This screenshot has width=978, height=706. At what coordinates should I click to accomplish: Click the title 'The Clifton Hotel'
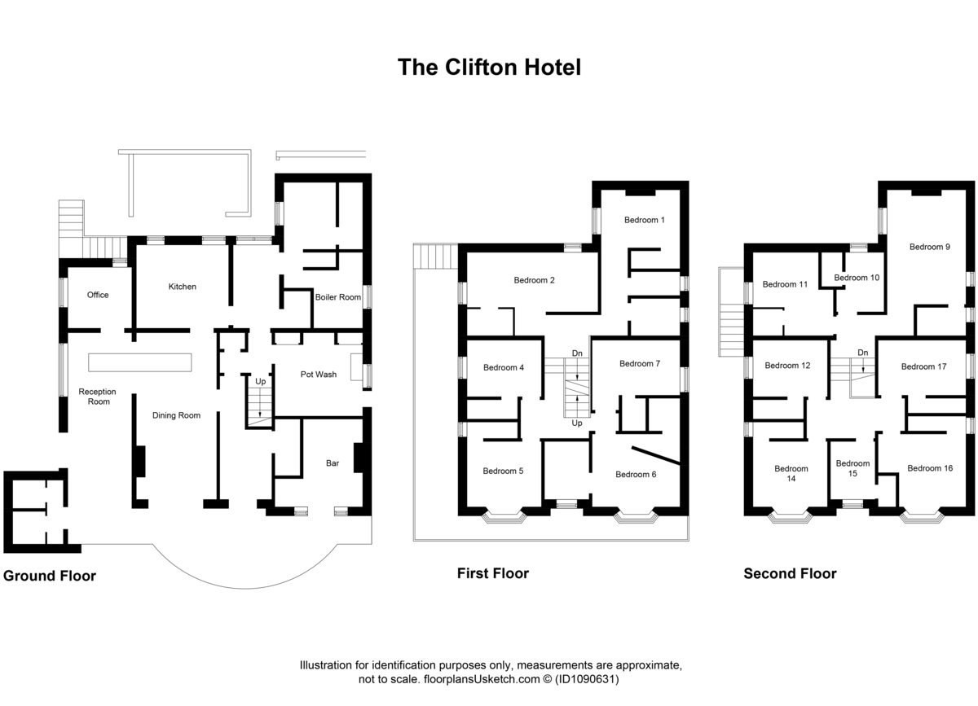(489, 67)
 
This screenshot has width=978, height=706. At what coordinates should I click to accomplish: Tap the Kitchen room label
(182, 287)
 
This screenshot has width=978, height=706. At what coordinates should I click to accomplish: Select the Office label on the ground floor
(98, 295)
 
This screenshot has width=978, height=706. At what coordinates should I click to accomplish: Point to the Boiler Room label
(337, 297)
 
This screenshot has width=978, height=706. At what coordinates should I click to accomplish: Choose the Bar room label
(332, 463)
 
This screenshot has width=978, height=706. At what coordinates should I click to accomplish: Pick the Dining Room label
(176, 415)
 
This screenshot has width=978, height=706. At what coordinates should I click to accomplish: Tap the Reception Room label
(97, 397)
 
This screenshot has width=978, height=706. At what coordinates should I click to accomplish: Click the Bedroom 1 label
(645, 220)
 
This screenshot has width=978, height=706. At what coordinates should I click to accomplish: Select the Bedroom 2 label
(534, 281)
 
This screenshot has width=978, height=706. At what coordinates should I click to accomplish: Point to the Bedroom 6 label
(636, 475)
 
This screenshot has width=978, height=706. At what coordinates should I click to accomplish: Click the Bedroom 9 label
(930, 247)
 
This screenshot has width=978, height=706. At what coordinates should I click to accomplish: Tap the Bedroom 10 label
(857, 278)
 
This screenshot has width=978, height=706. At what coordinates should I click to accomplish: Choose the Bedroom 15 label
(852, 468)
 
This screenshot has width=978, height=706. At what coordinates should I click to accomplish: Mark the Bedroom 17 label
(923, 366)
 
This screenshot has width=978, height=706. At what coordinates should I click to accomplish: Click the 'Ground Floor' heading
(50, 577)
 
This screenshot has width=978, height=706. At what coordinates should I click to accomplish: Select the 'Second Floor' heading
(790, 574)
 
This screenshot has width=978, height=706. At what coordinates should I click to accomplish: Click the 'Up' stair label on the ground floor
(260, 381)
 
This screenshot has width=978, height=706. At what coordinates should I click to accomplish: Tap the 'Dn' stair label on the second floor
(861, 353)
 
